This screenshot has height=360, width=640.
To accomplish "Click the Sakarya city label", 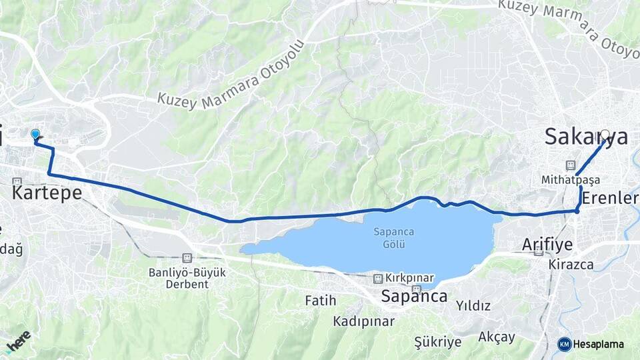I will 585,137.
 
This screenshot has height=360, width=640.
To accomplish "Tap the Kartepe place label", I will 47,193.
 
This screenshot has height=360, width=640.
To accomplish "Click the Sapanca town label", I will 414,296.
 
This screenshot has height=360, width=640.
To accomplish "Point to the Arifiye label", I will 547,245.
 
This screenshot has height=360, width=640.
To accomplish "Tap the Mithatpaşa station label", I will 571,180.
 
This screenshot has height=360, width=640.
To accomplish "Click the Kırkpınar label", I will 409,278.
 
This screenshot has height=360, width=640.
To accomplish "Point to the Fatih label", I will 321,301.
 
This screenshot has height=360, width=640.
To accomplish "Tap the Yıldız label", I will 473,306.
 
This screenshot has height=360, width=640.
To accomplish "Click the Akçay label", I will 497,337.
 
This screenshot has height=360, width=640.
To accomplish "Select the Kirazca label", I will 571,264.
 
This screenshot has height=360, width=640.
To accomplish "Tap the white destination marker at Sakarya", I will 605,134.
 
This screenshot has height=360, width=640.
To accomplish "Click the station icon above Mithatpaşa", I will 571,165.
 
